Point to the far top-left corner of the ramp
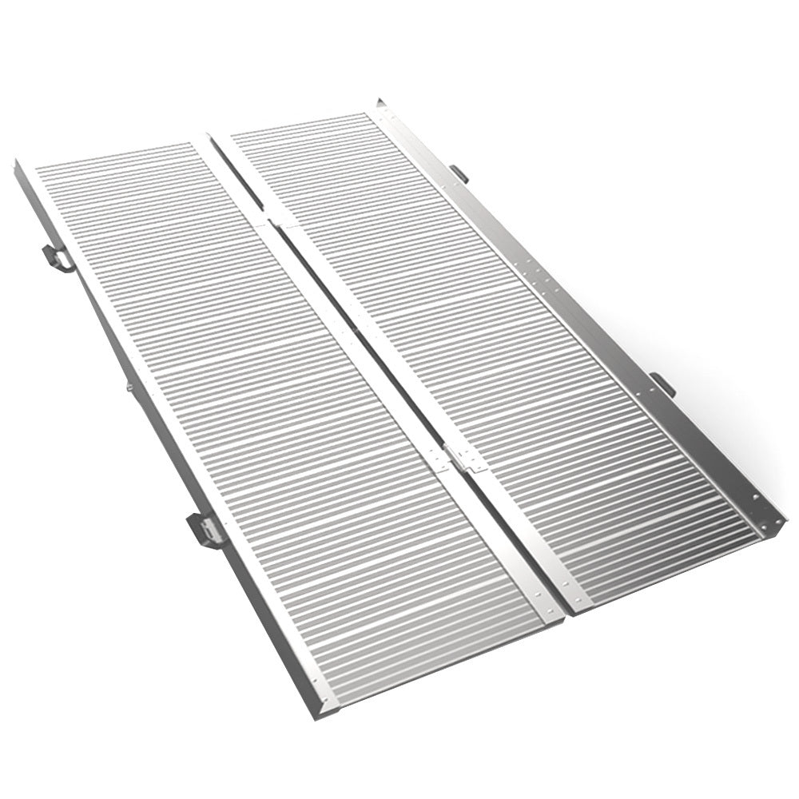coord(18,163)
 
